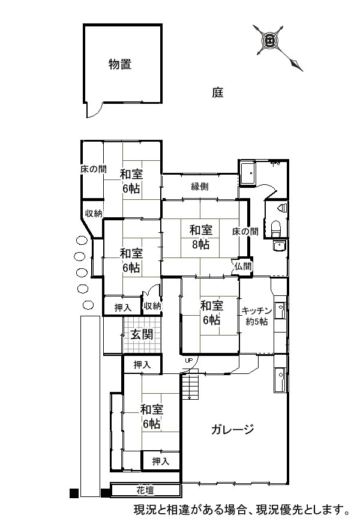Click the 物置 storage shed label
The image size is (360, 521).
(x=120, y=64)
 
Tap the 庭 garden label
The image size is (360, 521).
(x=218, y=92)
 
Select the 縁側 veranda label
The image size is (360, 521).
(x=200, y=187)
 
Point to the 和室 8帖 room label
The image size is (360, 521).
(x=201, y=237)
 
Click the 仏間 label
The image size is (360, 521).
(x=244, y=266)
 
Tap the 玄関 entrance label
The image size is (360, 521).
(x=142, y=334)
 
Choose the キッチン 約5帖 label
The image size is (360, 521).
(x=256, y=316)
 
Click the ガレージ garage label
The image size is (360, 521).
(x=233, y=429)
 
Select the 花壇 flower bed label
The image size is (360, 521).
(x=145, y=490)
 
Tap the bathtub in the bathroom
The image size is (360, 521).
(x=247, y=173)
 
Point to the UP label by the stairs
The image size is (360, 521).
(x=188, y=360)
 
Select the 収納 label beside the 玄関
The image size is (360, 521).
(x=152, y=306)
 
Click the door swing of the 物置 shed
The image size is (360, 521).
(x=94, y=110)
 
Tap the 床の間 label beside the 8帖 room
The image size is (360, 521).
(x=245, y=231)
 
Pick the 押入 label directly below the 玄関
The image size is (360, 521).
(x=142, y=365)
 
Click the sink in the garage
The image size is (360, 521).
(x=280, y=380)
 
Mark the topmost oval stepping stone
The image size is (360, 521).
(x=82, y=239)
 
